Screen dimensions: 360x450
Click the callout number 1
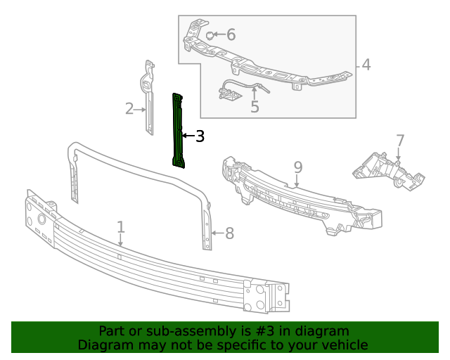point(121,227)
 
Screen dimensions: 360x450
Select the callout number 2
point(129,108)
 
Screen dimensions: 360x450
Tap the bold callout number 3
point(200,136)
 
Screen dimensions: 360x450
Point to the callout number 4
point(366,65)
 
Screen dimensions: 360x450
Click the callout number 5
point(255,107)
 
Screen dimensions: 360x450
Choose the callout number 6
point(231,34)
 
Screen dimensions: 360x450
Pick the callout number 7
point(399,141)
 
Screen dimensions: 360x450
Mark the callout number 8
point(229,233)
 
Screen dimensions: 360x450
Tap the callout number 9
point(298,167)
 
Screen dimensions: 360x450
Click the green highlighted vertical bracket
point(179,131)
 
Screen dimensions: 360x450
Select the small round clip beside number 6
point(210,34)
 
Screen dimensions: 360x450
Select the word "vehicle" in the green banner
point(344,345)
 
